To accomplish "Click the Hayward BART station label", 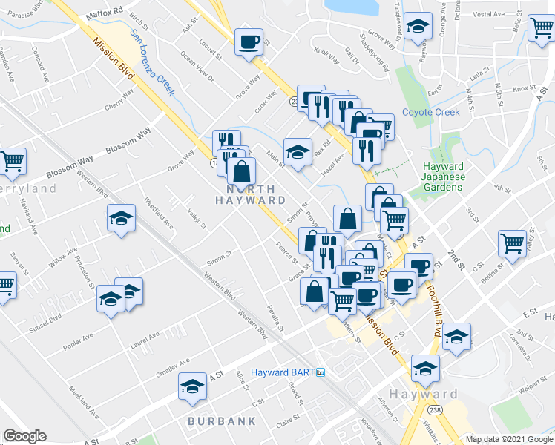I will tap(283, 372).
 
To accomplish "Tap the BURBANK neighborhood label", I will tap(221, 421).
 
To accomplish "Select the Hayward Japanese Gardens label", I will tap(443, 177).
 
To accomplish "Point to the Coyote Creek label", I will tap(430, 113).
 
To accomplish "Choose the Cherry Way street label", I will tap(119, 100).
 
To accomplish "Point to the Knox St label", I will tap(523, 88).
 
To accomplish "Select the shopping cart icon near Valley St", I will tap(512, 242).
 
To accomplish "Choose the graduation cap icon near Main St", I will tap(298, 151).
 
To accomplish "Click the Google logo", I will tap(24, 436).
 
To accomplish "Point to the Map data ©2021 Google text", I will tap(510, 439).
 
